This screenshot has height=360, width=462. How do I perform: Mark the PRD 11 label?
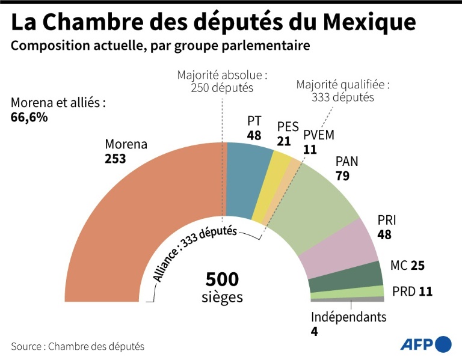point(412,292)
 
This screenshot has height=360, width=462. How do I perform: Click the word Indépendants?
point(348,317)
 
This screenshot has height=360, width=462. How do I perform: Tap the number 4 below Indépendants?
point(315,332)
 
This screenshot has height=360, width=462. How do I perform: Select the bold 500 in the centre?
point(223,279)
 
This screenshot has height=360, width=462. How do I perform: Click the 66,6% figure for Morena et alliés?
point(29,117)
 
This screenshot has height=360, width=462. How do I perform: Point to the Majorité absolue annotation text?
point(223,81)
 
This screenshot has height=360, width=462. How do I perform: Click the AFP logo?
point(425,344)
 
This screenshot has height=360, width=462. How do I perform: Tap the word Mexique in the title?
point(369,22)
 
